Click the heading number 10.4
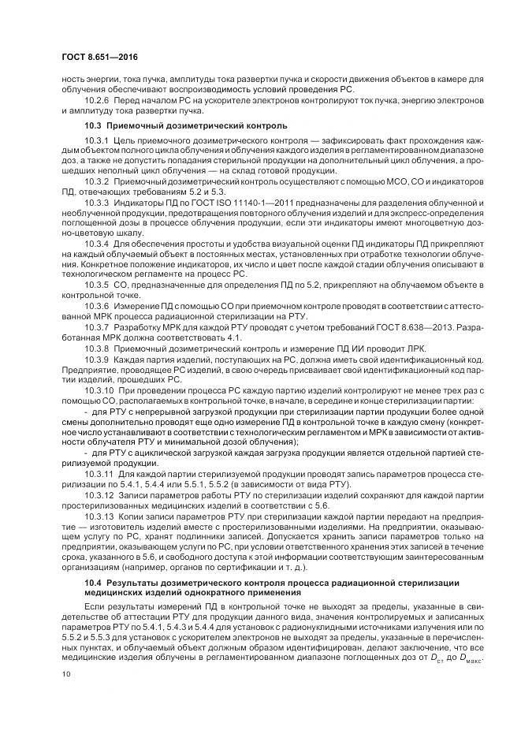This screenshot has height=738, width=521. (94, 581)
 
